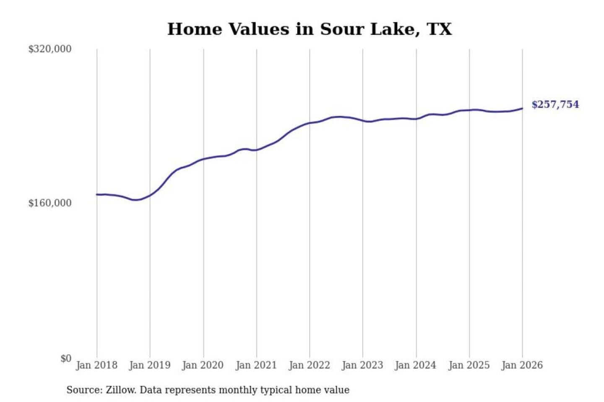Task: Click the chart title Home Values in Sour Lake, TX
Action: point(310,29)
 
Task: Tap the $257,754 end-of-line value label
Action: point(555,104)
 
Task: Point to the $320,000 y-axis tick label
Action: point(49,49)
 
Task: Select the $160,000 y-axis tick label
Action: point(49,203)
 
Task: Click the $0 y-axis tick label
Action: point(66,358)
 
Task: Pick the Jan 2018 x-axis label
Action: point(96,365)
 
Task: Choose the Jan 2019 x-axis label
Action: point(150,365)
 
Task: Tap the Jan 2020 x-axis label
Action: point(203,365)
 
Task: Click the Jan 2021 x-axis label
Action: point(256,365)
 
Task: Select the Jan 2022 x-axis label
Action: point(310,365)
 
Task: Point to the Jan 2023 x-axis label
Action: point(362,365)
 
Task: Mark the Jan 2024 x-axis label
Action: point(416,365)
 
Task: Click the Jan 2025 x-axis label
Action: point(469,365)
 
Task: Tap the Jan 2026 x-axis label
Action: point(522,365)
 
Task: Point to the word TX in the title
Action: point(439,29)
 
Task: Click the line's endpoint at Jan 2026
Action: point(522,108)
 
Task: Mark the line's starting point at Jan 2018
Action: point(97,194)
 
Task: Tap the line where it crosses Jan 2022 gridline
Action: point(310,123)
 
